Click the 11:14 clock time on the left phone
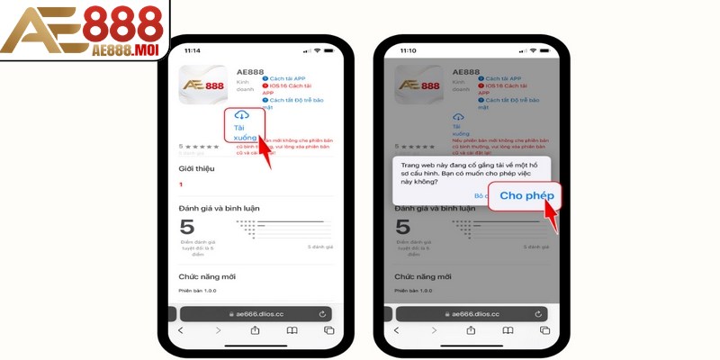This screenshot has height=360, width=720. click(x=192, y=50)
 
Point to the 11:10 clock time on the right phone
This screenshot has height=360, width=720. click(x=409, y=50)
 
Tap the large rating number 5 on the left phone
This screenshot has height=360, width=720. click(x=187, y=228)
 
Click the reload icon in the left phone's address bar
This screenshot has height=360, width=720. click(x=321, y=313)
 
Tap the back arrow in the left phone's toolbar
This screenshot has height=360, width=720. click(x=181, y=330)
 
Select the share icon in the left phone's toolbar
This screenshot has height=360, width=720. click(x=256, y=330)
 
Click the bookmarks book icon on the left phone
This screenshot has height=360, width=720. click(x=292, y=330)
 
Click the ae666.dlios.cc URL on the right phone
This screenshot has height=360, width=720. click(x=472, y=314)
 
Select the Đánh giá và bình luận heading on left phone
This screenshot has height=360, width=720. click(x=220, y=208)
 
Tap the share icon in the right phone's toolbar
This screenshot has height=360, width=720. click(x=472, y=330)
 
